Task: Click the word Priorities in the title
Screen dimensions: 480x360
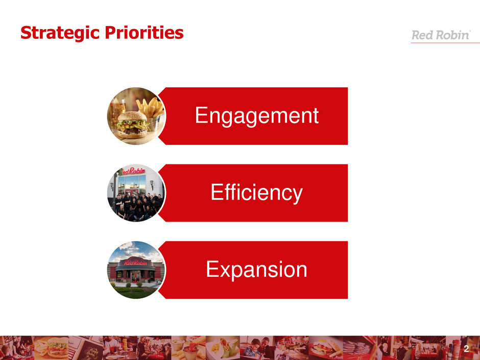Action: click(x=144, y=33)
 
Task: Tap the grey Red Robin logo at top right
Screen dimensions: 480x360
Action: click(x=441, y=35)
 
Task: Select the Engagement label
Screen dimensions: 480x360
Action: click(x=257, y=116)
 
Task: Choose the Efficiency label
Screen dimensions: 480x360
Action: click(x=256, y=193)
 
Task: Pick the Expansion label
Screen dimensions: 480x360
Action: click(x=256, y=270)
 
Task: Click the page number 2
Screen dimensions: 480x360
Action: click(x=466, y=349)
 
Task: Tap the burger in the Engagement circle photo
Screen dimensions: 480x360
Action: click(x=132, y=125)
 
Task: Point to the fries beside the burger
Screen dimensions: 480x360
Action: click(x=150, y=107)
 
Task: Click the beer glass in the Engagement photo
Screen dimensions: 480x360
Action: click(x=118, y=109)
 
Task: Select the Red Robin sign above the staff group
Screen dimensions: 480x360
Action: click(x=133, y=171)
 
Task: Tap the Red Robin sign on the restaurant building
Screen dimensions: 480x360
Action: click(x=136, y=262)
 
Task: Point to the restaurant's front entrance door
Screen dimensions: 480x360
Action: click(x=135, y=276)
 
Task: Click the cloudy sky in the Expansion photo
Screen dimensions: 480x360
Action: click(x=136, y=250)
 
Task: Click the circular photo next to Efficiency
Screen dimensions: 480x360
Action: click(x=136, y=193)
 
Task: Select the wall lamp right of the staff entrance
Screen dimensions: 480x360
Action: click(x=152, y=184)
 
